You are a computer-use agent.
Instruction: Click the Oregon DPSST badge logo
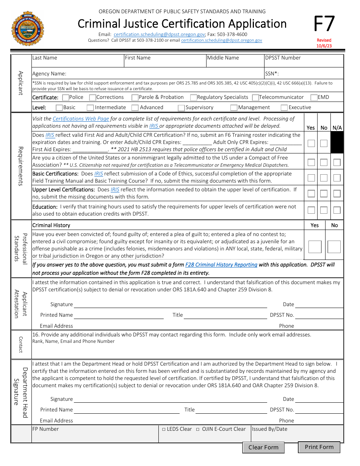[x=28, y=28]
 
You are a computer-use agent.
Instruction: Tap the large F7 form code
[x=324, y=24]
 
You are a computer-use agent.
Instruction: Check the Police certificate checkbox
[x=66, y=98]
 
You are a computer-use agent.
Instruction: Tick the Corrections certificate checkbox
[x=92, y=98]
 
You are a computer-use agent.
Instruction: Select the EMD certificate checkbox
[x=314, y=98]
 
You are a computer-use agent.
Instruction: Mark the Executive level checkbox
[x=284, y=108]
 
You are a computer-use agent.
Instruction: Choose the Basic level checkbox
[x=59, y=108]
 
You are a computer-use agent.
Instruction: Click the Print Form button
[x=319, y=447]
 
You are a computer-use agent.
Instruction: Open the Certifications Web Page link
[x=81, y=119]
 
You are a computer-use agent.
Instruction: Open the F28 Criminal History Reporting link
[x=221, y=265]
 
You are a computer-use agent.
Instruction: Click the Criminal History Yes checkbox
[x=315, y=247]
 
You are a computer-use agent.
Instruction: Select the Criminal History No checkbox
[x=334, y=247]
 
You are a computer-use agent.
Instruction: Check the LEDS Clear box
[x=164, y=429]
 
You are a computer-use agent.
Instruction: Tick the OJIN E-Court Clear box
[x=198, y=429]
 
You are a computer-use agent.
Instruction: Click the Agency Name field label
[x=49, y=73]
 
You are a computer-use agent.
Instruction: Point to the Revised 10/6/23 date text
[x=324, y=43]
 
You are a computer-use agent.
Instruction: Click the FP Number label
[x=45, y=429]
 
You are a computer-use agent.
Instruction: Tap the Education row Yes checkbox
[x=311, y=210]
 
